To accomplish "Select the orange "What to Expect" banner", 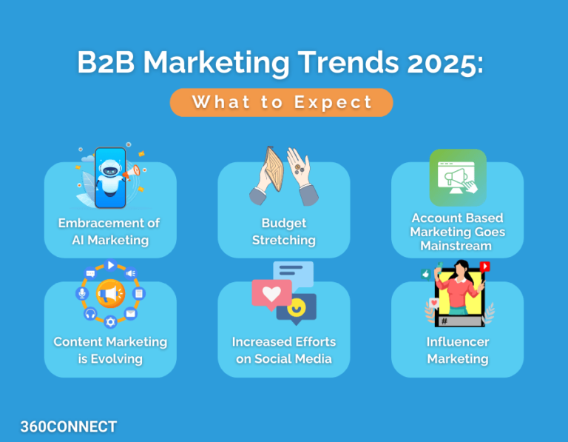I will tap(281, 102).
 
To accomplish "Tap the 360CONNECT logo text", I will tap(68, 426).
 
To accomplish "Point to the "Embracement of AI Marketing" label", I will tap(110, 231).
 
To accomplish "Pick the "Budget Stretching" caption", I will tap(283, 231).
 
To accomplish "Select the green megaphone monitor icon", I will tap(458, 178).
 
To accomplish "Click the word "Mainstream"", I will tap(456, 246).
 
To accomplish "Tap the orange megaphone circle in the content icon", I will tap(110, 294).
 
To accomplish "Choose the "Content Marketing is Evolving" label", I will tap(110, 350).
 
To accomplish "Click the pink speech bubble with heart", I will tap(271, 294).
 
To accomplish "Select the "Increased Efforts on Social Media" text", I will tap(283, 350).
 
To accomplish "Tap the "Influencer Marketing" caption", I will tap(457, 350).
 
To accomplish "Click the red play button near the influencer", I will tap(485, 267).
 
